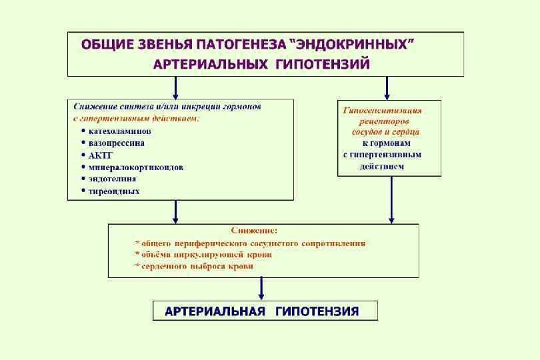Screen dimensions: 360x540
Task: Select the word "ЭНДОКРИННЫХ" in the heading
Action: point(355,45)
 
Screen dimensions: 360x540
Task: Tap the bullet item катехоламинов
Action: point(120,131)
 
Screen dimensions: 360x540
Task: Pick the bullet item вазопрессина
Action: point(117,143)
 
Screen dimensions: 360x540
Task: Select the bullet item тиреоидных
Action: point(114,191)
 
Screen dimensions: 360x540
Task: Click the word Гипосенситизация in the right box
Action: point(383,111)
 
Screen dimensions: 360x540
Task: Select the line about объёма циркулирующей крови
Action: point(203,255)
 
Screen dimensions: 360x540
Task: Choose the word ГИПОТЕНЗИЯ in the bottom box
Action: point(317,311)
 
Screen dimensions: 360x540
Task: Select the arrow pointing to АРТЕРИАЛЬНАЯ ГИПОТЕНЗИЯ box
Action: point(261,288)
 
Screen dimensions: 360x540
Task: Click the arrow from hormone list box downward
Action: point(175,211)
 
